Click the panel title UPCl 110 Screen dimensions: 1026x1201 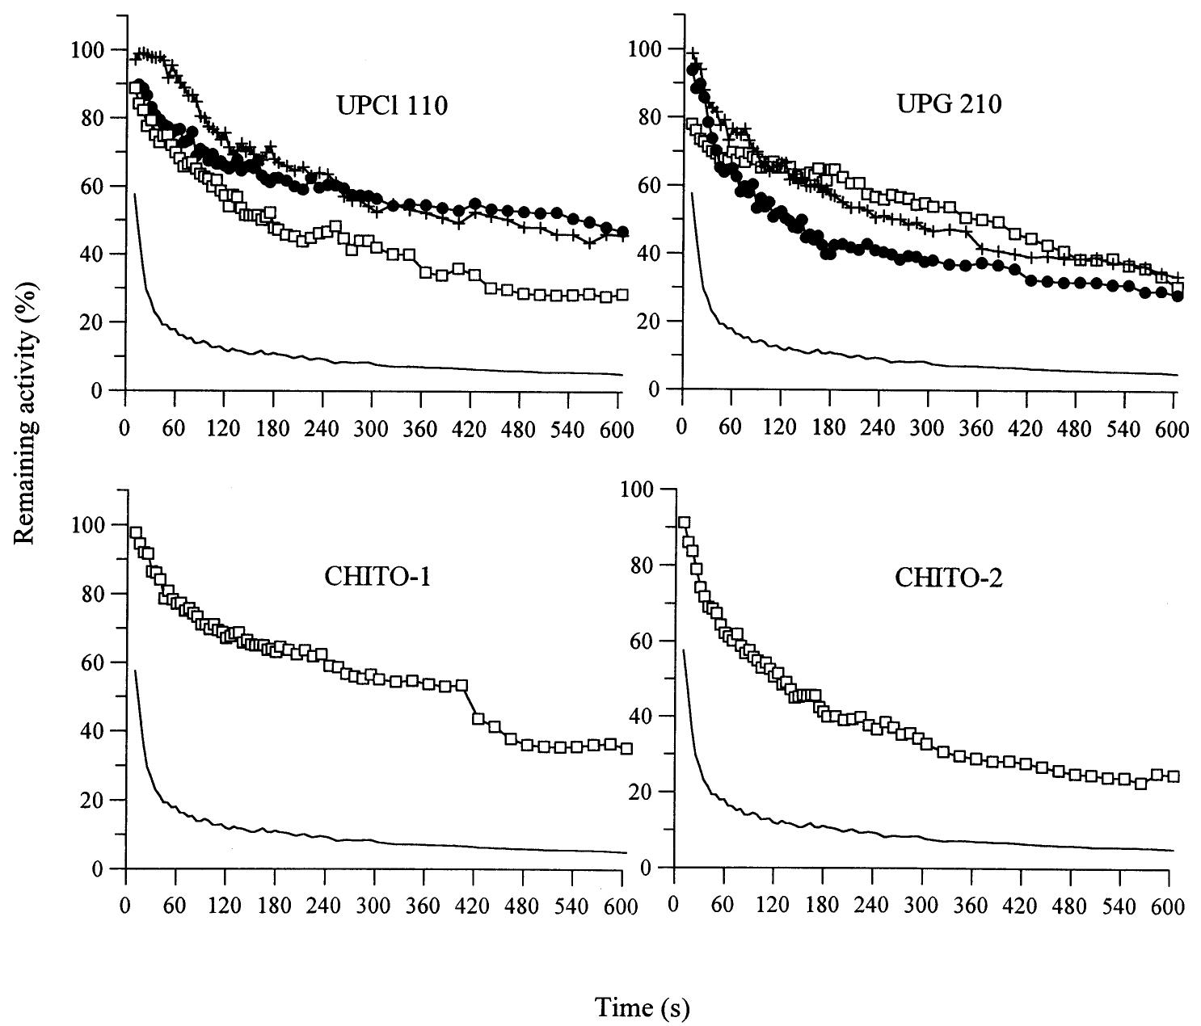[391, 106]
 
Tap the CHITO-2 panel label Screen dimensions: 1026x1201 [949, 578]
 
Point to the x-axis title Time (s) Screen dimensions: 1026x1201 [642, 1007]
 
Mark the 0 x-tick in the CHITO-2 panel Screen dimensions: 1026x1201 [673, 904]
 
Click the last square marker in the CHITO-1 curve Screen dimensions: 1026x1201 [626, 748]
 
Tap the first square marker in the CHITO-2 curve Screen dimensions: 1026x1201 [684, 523]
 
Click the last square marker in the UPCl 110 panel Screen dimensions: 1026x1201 [622, 295]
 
